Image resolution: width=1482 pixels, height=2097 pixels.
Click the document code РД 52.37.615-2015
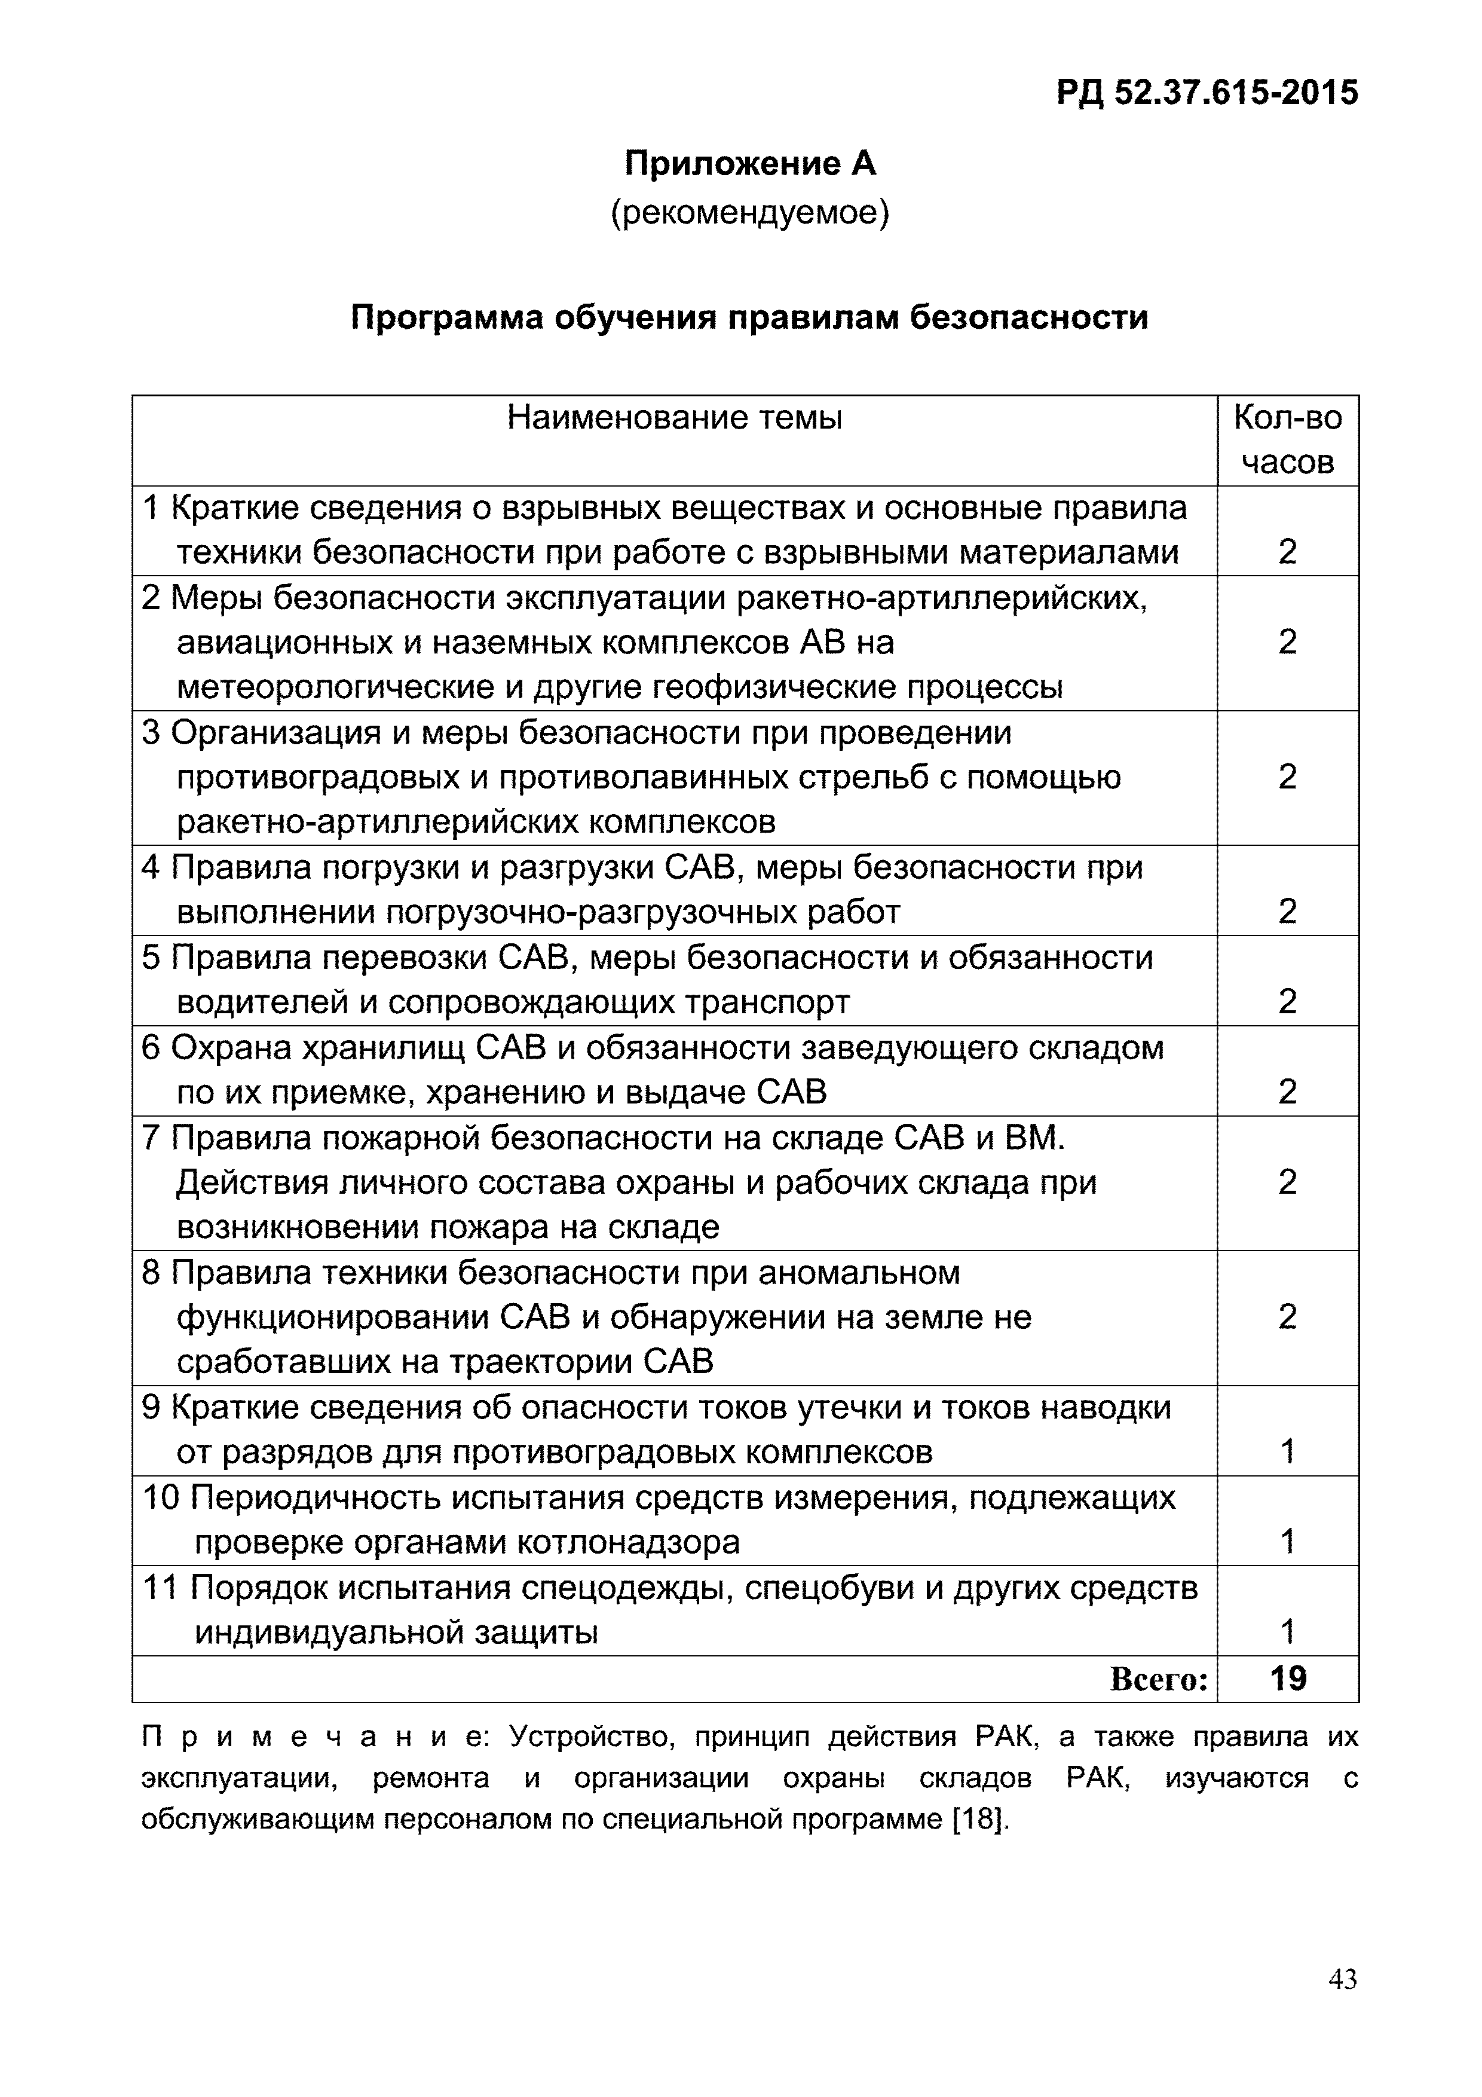[1207, 92]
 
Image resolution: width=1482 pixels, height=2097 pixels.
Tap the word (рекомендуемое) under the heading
[750, 213]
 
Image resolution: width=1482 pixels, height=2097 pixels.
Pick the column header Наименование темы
[674, 418]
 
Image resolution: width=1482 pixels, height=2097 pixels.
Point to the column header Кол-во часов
[1288, 439]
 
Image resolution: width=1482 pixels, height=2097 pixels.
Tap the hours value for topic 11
[1288, 1631]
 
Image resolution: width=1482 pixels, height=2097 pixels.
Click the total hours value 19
[1288, 1678]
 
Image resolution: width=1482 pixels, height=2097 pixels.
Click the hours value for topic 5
[1288, 1002]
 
